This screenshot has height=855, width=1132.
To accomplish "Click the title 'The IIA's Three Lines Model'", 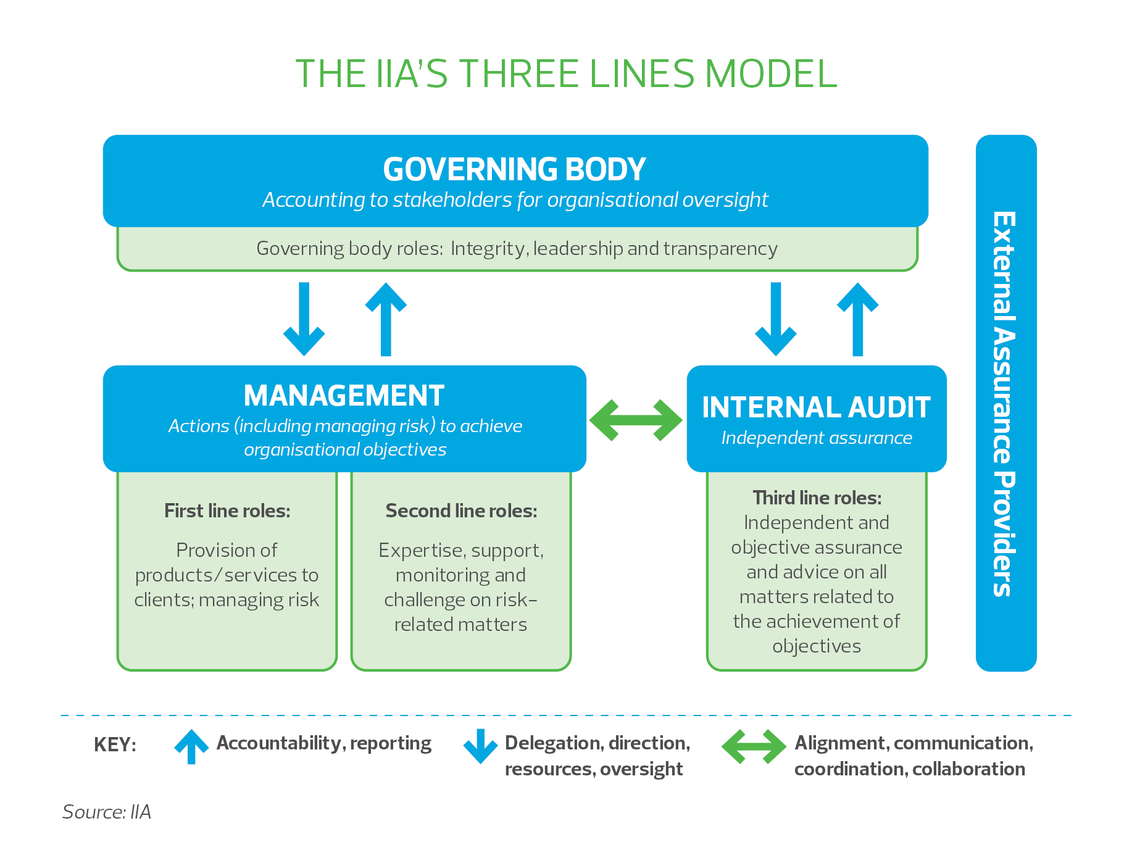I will pyautogui.click(x=565, y=74).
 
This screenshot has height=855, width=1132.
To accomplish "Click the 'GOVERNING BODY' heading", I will pyautogui.click(x=514, y=169).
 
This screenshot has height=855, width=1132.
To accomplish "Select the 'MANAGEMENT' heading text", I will pyautogui.click(x=344, y=396).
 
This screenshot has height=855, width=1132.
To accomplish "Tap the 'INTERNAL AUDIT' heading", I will pyautogui.click(x=816, y=407).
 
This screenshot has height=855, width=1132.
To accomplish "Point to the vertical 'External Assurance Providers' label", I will pyautogui.click(x=1005, y=404).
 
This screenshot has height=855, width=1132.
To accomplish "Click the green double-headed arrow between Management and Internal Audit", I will pyautogui.click(x=636, y=420).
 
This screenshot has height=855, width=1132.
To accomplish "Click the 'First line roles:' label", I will pyautogui.click(x=227, y=511).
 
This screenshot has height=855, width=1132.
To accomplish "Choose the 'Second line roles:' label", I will pyautogui.click(x=461, y=511).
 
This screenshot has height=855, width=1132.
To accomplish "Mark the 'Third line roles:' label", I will pyautogui.click(x=817, y=498).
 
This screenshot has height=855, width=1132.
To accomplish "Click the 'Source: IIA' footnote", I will pyautogui.click(x=107, y=812).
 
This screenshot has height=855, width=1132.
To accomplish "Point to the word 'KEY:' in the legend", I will pyautogui.click(x=115, y=744).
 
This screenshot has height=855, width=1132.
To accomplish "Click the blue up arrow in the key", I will pyautogui.click(x=191, y=746).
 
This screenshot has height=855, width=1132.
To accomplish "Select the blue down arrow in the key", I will pyautogui.click(x=480, y=746).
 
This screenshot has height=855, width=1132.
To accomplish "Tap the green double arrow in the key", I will pyautogui.click(x=754, y=746).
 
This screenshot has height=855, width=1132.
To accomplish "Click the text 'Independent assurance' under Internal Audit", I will pyautogui.click(x=817, y=438).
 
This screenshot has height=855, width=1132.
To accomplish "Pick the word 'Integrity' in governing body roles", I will pyautogui.click(x=488, y=248).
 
